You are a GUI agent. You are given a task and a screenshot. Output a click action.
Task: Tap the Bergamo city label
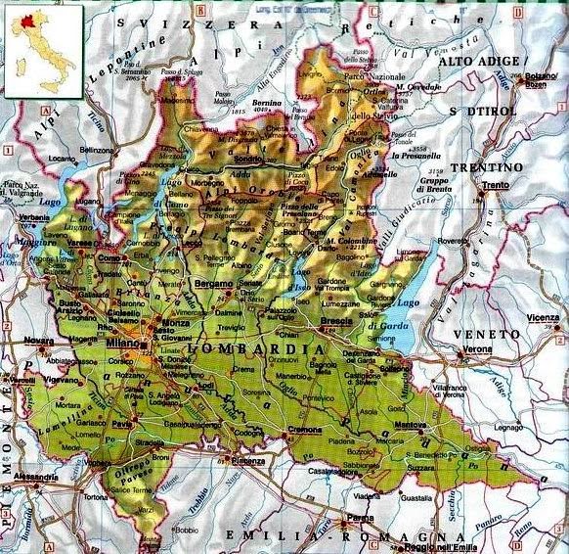pyautogui.click(x=214, y=283)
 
